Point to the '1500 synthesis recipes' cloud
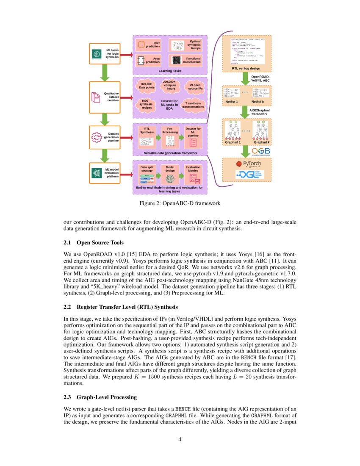tap(146, 105)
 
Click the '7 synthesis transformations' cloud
tap(193, 105)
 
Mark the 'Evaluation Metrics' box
tap(193, 173)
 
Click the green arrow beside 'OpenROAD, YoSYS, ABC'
tap(244, 79)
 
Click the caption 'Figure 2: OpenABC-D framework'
tap(180, 203)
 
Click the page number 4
tap(180, 439)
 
